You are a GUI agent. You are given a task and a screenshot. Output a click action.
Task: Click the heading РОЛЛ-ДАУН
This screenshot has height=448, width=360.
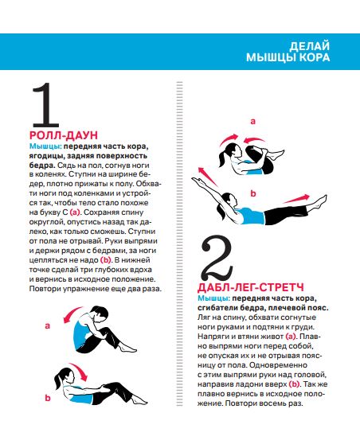64,135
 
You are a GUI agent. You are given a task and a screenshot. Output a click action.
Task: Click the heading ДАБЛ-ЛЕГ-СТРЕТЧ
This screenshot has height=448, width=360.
250,287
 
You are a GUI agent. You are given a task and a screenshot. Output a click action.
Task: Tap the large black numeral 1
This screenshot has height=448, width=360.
45,105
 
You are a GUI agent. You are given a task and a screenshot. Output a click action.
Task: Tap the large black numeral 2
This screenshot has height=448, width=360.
217,259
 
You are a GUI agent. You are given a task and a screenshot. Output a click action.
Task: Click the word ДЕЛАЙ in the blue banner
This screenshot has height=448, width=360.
309,46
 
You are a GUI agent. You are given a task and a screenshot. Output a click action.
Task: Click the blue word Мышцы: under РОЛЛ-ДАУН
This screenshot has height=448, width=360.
45,146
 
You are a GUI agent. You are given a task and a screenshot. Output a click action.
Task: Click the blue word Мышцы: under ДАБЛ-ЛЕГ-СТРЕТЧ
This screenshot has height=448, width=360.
213,298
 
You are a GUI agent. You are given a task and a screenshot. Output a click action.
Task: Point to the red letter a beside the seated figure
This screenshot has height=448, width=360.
48,325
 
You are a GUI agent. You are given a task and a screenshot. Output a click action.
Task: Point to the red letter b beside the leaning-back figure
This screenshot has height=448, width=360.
48,398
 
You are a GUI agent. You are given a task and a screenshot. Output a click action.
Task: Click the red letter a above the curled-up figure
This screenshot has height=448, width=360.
252,122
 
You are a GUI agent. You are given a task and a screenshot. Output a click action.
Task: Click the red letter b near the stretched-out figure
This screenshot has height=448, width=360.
253,193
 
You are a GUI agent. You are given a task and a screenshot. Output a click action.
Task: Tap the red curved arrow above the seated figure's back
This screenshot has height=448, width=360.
72,314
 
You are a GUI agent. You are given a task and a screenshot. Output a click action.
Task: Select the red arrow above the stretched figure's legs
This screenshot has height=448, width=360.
296,199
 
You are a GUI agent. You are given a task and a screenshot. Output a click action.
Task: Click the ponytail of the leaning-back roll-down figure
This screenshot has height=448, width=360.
57,380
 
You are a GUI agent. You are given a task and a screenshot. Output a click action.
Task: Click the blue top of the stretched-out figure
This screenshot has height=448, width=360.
252,216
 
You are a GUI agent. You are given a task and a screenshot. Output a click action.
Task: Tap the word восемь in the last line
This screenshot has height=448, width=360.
274,403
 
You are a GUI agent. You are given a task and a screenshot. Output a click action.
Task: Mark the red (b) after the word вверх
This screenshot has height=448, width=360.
294,384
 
